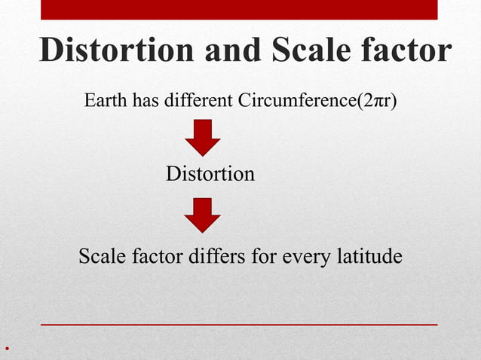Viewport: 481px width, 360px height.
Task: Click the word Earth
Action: pos(106,101)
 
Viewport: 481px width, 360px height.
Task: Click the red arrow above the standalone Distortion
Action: pos(202,138)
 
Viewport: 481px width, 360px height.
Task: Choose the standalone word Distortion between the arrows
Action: pos(210,175)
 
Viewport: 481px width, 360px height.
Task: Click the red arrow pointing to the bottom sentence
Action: pos(202,215)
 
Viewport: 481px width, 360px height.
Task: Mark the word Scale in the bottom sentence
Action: pos(104,257)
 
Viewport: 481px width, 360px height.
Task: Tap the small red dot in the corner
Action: pos(5,349)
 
